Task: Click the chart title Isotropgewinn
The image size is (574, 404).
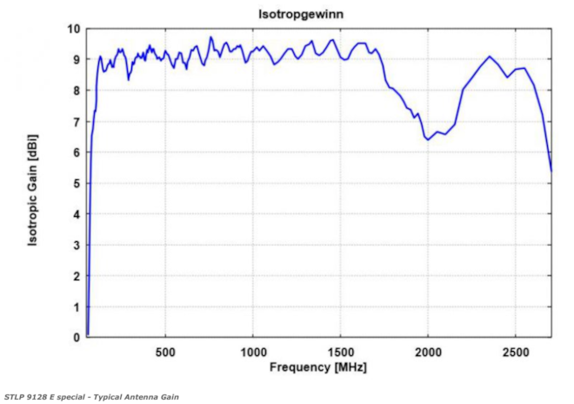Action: click(x=317, y=13)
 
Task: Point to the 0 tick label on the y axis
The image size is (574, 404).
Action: click(x=77, y=338)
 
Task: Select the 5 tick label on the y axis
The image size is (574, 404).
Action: click(x=77, y=183)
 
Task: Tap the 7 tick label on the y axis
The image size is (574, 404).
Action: click(x=77, y=121)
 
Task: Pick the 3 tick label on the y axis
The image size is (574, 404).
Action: click(x=77, y=245)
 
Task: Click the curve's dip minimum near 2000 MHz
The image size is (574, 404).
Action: click(x=428, y=139)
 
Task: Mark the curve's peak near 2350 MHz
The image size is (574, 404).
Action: click(x=490, y=57)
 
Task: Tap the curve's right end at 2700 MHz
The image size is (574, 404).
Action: click(x=551, y=171)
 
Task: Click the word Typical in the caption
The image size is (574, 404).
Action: click(x=110, y=397)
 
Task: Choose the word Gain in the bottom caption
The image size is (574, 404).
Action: click(x=169, y=397)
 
